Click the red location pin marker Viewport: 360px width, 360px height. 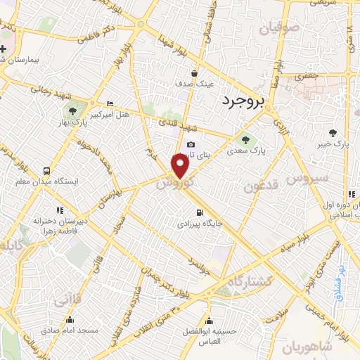(181, 165)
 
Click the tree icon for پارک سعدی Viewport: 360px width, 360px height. (246, 137)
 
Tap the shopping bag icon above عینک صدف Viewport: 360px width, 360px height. (195, 72)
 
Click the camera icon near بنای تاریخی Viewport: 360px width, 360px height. (191, 144)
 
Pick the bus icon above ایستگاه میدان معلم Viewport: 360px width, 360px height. (47, 171)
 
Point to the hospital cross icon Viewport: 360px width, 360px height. (4, 49)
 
